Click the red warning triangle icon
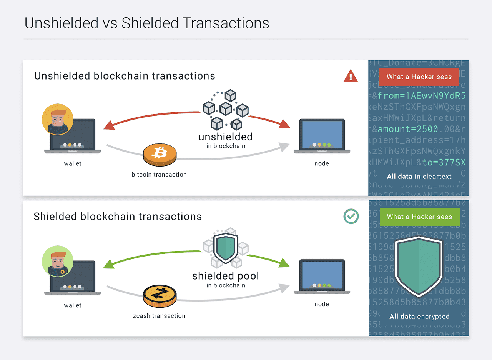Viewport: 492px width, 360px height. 350,77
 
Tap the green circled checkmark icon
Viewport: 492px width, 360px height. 351,216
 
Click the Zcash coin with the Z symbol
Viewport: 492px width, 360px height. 160,295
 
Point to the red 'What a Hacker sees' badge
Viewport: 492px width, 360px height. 419,77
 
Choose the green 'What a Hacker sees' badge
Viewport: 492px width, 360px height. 419,217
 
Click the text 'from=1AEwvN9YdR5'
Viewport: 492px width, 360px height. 422,95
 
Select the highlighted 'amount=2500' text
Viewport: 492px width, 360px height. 408,129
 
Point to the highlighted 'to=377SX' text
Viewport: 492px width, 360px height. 444,162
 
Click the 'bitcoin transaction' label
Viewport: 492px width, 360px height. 159,174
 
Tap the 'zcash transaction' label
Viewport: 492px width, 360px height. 159,316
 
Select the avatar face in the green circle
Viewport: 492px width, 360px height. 58,260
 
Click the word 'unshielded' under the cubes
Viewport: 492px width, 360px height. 225,137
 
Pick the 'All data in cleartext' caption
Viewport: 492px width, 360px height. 419,177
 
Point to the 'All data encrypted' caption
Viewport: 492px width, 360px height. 419,317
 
